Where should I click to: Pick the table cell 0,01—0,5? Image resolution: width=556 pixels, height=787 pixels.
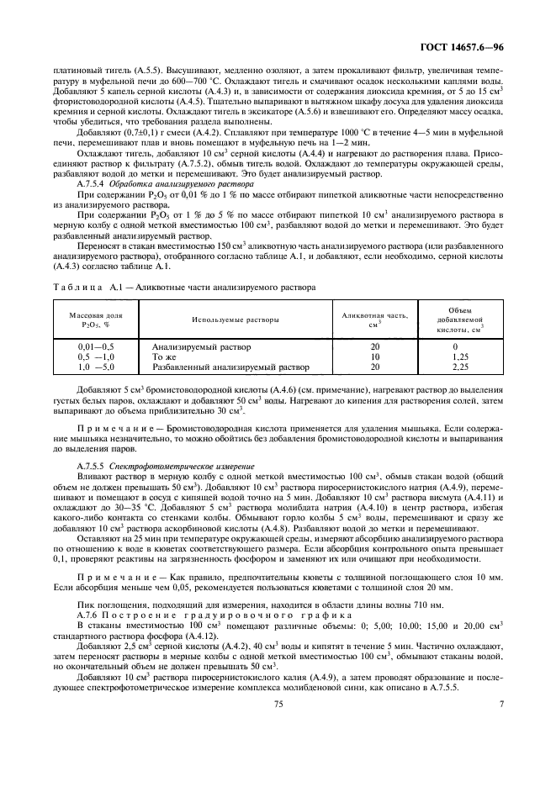(96, 346)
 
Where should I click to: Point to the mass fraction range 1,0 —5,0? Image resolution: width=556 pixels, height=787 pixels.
(96, 367)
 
